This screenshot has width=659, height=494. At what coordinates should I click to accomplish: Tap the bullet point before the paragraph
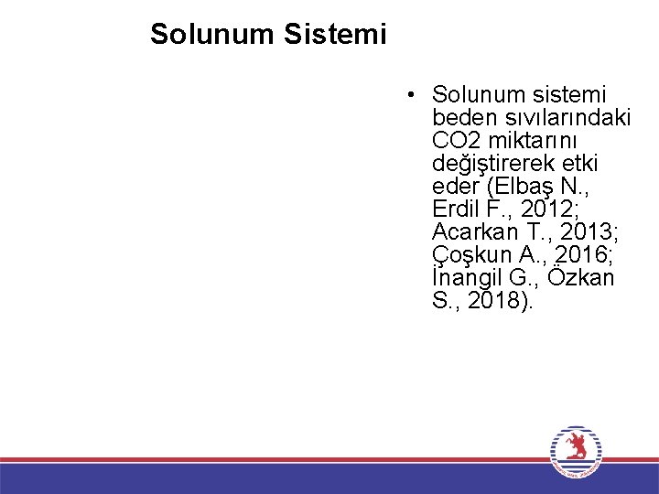(414, 95)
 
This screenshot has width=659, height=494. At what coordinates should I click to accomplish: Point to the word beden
(463, 118)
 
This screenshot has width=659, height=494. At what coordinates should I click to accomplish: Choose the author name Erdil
(455, 209)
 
